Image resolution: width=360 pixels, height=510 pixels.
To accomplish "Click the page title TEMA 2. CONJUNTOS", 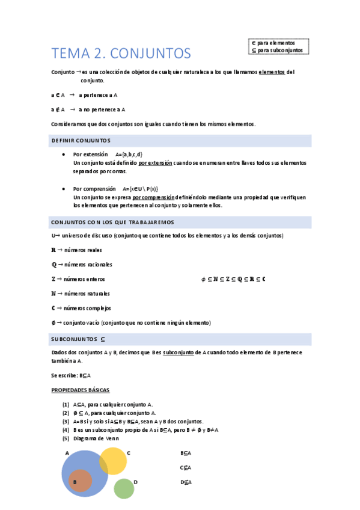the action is [x=121, y=54].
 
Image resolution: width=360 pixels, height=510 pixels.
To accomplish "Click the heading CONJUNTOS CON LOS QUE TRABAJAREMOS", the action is [x=112, y=222].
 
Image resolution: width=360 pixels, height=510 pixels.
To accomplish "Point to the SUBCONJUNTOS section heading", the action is [x=79, y=339].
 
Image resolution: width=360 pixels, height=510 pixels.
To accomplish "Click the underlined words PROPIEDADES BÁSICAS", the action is [x=81, y=390].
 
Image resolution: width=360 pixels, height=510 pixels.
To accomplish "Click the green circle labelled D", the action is [x=124, y=488].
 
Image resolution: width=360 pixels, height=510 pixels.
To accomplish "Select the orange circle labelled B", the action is [x=80, y=481].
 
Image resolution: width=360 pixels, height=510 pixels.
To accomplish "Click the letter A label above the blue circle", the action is [x=67, y=453].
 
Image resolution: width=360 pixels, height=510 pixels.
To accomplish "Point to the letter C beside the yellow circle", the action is [x=129, y=452].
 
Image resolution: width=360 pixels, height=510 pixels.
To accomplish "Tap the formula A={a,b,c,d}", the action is [x=129, y=155].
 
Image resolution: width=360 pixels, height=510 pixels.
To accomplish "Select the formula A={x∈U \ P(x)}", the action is [x=140, y=188].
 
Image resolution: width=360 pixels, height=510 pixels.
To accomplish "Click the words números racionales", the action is [x=88, y=265].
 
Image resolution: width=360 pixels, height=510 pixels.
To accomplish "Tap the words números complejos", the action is [x=87, y=308].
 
